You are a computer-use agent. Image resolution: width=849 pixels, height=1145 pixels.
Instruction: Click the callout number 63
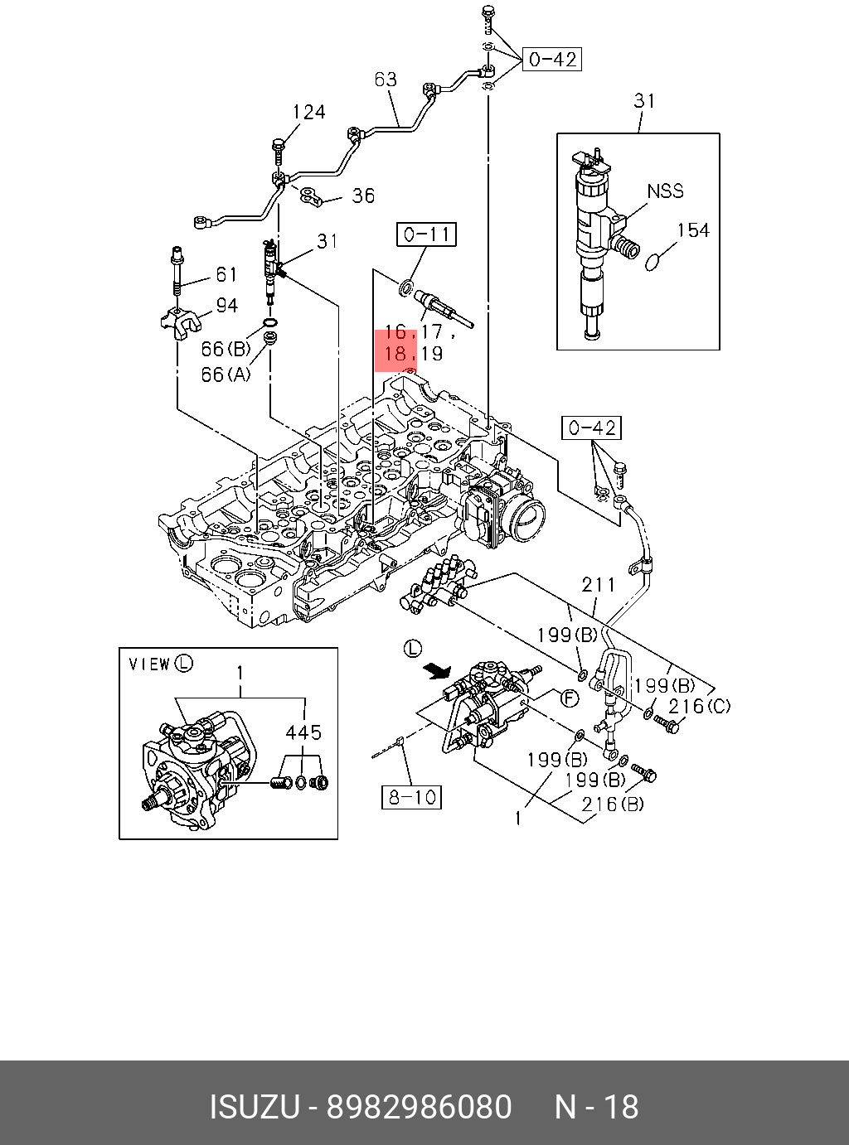386,80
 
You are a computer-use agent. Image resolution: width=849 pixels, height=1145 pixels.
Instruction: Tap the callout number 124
309,112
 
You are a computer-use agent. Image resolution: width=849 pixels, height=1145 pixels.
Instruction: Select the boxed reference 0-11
426,234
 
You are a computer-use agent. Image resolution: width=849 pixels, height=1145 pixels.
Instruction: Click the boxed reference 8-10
411,797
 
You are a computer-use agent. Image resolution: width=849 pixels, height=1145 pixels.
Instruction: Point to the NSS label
666,191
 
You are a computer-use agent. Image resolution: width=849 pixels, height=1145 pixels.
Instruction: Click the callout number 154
693,230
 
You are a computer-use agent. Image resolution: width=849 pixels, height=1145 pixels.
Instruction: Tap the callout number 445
303,732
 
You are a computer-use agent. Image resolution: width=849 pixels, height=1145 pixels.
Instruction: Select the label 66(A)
226,374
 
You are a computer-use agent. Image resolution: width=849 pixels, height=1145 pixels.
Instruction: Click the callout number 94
227,306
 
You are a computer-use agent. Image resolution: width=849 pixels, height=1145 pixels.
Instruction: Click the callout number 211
599,585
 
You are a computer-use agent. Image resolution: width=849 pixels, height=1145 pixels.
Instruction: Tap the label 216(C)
700,706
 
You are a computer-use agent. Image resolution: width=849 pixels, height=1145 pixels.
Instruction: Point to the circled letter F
570,699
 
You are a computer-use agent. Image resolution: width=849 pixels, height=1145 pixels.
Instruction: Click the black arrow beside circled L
437,670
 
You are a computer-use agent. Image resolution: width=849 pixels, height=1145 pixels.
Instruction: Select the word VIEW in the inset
149,664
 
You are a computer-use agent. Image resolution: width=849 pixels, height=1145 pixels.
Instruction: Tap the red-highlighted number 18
395,354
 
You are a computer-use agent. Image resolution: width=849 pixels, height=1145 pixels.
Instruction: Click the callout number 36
363,196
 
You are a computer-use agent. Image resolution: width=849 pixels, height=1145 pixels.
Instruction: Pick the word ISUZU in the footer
255,1107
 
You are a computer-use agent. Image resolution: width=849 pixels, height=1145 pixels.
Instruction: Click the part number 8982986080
419,1107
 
